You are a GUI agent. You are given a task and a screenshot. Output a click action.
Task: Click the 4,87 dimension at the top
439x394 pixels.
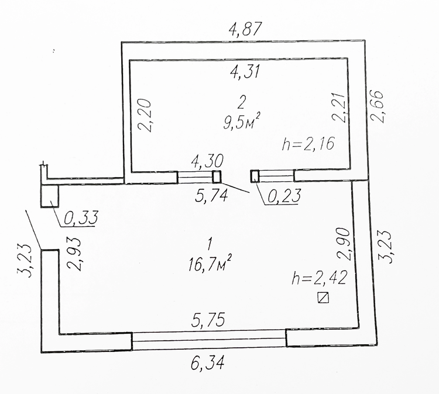tap(245, 30)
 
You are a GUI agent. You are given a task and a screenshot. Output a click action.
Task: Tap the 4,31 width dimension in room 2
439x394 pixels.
tap(245, 72)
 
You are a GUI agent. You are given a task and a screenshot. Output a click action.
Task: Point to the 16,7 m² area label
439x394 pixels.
tap(210, 264)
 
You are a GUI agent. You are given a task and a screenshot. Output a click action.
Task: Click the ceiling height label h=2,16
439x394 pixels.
tap(308, 144)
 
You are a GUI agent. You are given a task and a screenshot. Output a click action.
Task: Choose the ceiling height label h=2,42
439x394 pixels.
tap(319, 278)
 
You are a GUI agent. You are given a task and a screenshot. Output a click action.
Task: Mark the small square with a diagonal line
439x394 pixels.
tap(323, 297)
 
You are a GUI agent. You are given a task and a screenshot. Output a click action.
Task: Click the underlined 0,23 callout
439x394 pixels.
tap(284, 195)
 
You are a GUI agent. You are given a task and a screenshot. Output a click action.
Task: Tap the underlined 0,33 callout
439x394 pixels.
tap(81, 217)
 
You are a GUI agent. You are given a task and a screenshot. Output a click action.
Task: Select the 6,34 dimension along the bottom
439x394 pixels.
tap(207, 364)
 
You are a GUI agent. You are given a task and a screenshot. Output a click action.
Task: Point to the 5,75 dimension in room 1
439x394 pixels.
tap(208, 320)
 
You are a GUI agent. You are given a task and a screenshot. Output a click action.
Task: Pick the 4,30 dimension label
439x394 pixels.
tap(207, 161)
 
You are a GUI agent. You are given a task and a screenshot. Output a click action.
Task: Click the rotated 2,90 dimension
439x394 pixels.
tap(344, 244)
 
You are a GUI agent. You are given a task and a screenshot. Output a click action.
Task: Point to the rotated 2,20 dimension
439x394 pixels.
tap(145, 116)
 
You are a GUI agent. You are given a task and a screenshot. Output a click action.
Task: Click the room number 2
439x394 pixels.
tap(241, 102)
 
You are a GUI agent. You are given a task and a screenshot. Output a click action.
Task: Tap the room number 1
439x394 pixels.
tap(210, 244)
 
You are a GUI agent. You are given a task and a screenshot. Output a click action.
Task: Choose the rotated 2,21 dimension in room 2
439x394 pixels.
tap(339, 107)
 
